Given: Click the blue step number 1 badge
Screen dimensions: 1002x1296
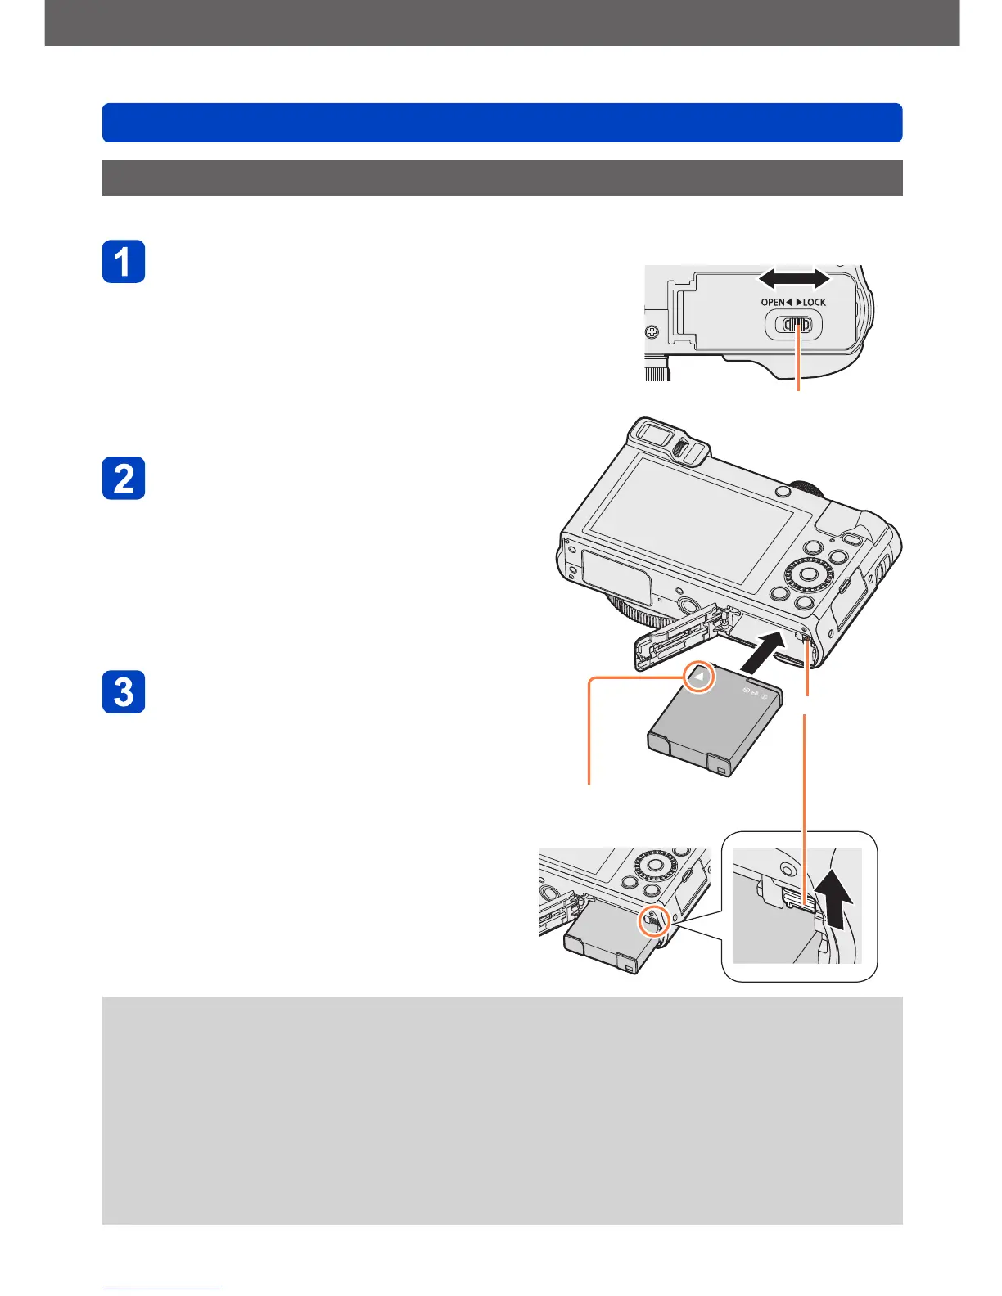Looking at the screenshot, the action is pos(124,262).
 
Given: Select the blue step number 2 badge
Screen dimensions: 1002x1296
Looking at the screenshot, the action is pos(124,478).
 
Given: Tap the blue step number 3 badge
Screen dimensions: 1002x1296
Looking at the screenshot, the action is pos(124,692).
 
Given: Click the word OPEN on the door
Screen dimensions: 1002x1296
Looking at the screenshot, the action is pos(773,302).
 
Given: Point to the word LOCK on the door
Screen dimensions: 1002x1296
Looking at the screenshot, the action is pos(814,302).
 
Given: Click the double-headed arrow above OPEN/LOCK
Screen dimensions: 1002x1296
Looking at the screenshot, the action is pos(793,280).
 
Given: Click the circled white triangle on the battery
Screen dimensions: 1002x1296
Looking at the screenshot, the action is pos(699,677).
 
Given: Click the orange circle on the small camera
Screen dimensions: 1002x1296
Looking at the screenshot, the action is pos(653,922).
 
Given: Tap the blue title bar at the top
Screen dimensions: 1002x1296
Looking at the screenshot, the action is pos(502,123).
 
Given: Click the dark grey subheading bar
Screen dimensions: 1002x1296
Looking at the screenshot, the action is pos(502,178).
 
